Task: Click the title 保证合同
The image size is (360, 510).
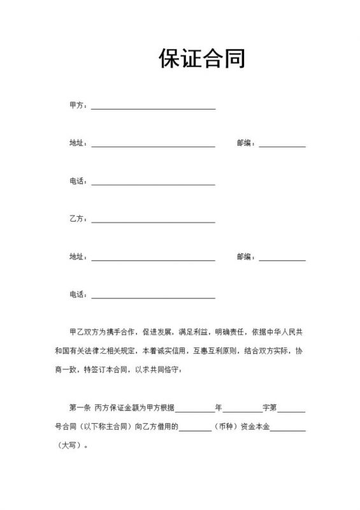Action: (x=201, y=59)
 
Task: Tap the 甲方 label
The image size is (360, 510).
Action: (x=77, y=106)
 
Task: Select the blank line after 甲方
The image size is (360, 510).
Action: (x=153, y=108)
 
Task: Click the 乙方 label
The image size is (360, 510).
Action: (x=77, y=219)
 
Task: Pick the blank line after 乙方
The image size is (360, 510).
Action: (x=153, y=222)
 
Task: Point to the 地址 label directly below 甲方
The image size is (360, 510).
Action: (x=77, y=143)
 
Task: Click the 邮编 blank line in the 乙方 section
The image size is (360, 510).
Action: (x=282, y=259)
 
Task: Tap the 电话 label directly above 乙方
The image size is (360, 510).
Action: (x=77, y=182)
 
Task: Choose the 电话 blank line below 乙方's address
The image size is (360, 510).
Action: (x=153, y=298)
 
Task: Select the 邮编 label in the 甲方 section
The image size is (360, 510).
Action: (x=245, y=143)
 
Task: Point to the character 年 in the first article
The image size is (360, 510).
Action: (x=219, y=407)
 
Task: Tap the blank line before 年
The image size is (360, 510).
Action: (x=195, y=410)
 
